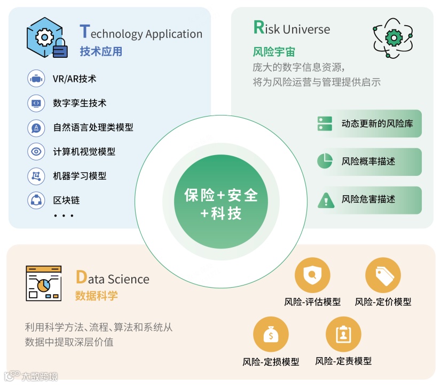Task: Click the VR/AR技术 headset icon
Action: point(36,79)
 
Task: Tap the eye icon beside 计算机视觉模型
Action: point(36,151)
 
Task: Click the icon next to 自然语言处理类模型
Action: point(36,127)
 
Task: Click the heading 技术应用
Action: point(101,51)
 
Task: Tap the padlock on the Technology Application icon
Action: point(60,49)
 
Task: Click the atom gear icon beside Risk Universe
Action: point(393,36)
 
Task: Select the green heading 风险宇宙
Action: point(274,52)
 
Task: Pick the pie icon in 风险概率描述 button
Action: point(325,161)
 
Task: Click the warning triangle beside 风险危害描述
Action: point(325,199)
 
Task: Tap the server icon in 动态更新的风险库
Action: point(325,124)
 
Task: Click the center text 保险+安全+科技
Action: point(220,204)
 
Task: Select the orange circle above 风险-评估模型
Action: point(312,275)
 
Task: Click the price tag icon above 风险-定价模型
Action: point(383,275)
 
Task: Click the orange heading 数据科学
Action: point(97,296)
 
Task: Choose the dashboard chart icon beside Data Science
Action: point(44,283)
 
